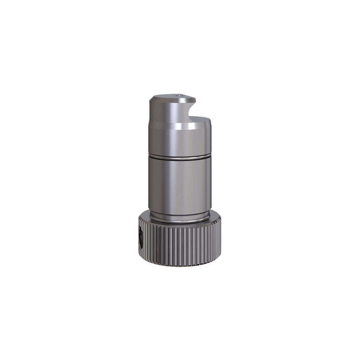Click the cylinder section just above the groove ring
click(x=180, y=142)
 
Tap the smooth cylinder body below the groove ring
click(x=180, y=184)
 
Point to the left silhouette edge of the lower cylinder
click(x=149, y=184)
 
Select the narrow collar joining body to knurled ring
click(x=180, y=215)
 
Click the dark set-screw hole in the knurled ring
click(x=140, y=239)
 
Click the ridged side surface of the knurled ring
click(x=180, y=245)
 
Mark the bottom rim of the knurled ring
click(x=180, y=265)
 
